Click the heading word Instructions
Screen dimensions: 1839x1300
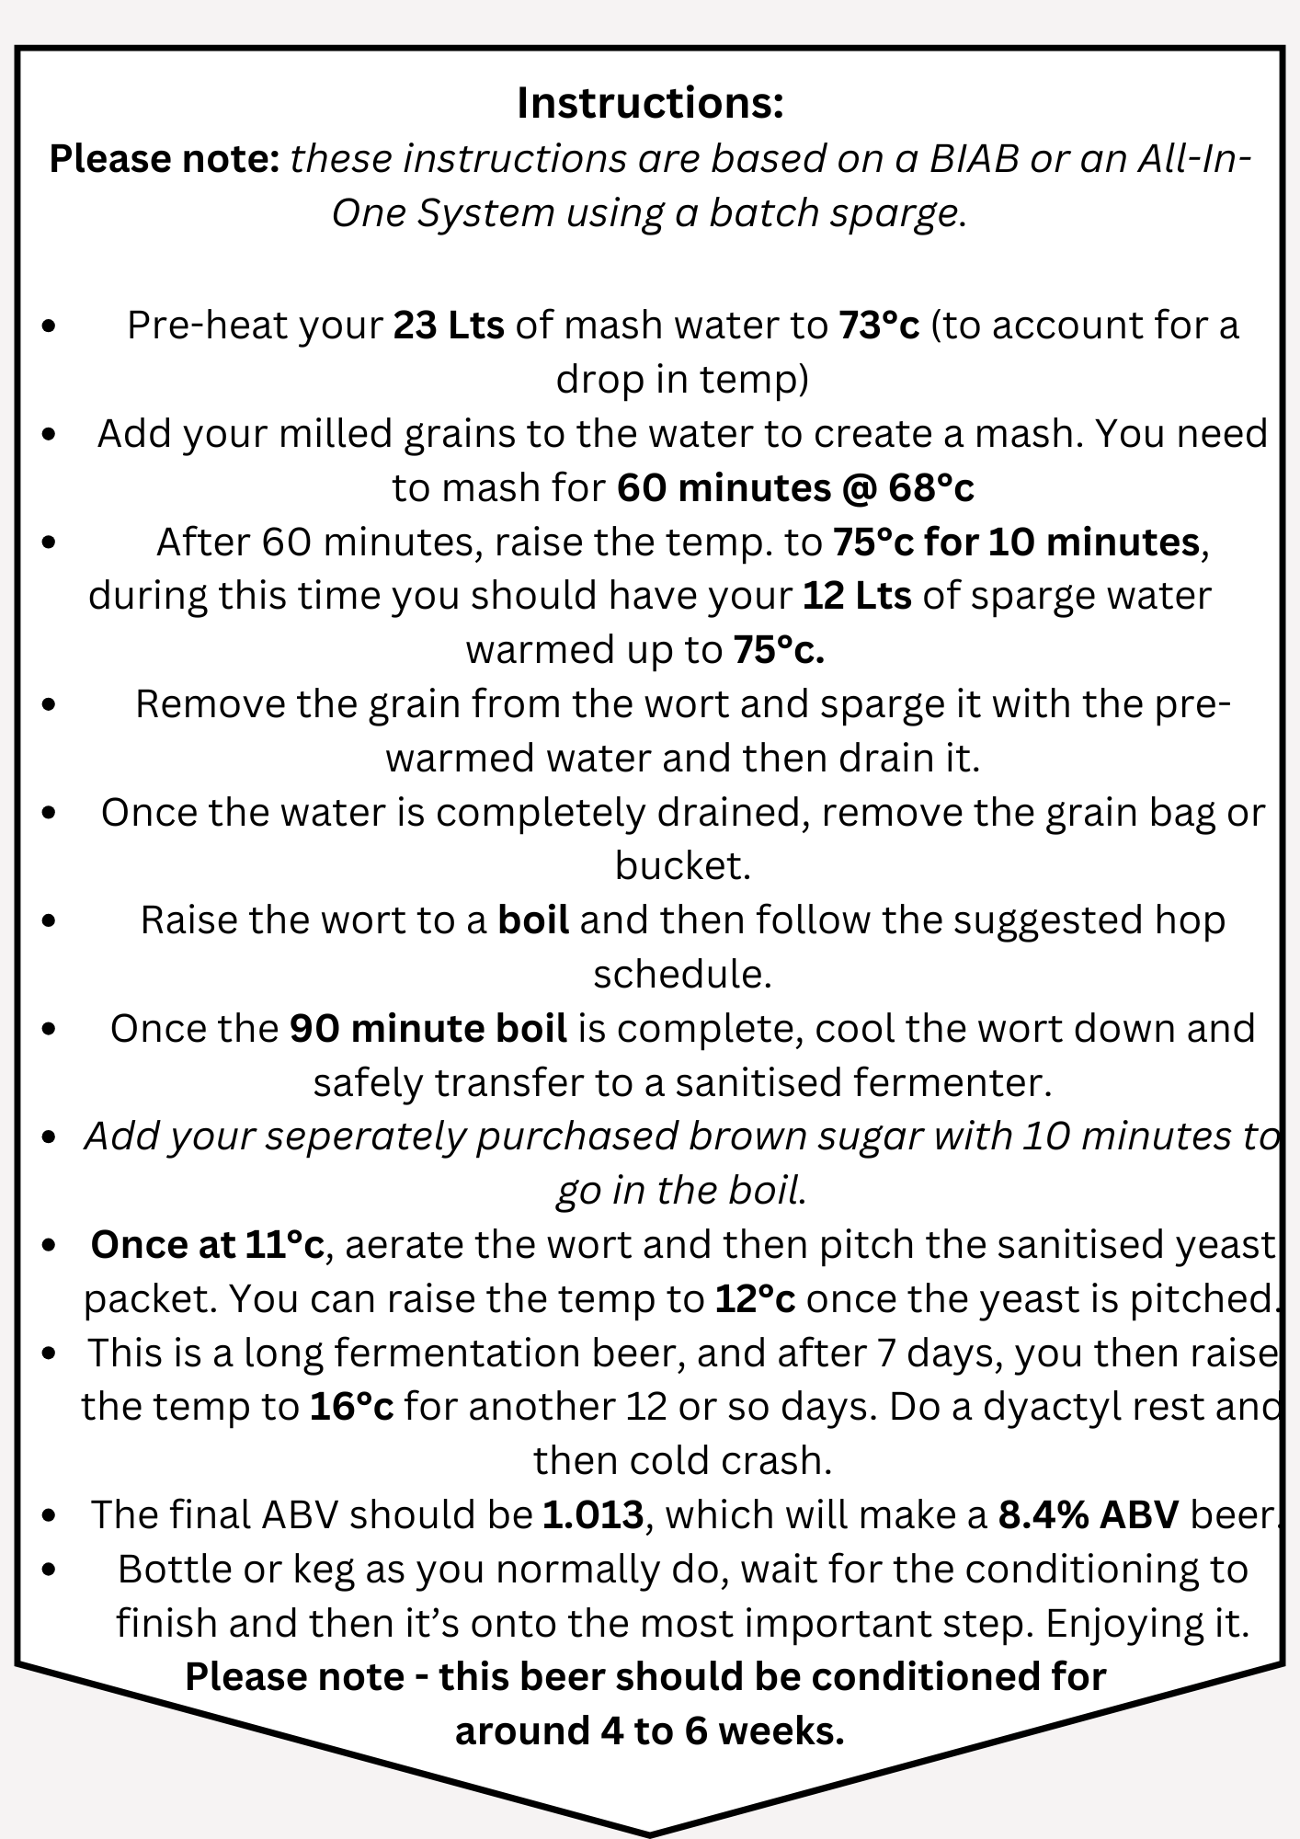(649, 103)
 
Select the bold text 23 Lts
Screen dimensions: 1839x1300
(449, 326)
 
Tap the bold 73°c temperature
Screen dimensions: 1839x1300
(879, 326)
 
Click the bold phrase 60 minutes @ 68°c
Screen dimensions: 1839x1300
(795, 488)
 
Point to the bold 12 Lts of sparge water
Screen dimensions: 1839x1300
(857, 596)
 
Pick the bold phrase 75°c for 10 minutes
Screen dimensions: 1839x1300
(1016, 543)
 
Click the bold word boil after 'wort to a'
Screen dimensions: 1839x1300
(533, 920)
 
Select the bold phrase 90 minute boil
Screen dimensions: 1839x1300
(428, 1029)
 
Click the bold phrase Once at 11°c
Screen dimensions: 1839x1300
(207, 1245)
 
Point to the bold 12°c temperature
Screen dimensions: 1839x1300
(755, 1299)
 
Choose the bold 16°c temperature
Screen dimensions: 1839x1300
(351, 1408)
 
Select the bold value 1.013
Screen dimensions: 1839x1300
(593, 1515)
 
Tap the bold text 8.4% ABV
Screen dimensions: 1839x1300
(1089, 1515)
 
